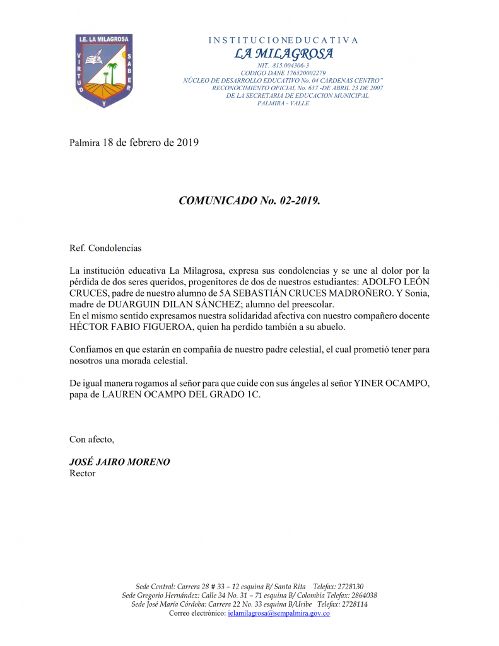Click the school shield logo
[103, 71]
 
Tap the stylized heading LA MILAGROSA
[283, 54]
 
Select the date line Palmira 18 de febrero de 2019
[134, 143]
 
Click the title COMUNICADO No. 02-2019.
[250, 201]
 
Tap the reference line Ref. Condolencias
[105, 249]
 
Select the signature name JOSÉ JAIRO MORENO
[119, 462]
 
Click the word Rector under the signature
[82, 473]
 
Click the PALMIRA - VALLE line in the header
[283, 103]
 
